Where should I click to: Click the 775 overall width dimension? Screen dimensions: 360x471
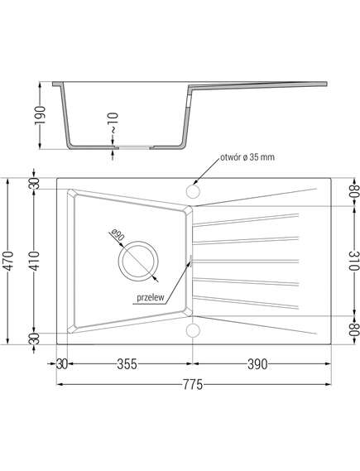point(193,385)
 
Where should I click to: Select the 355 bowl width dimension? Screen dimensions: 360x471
point(127,364)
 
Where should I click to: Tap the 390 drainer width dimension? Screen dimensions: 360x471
point(257,364)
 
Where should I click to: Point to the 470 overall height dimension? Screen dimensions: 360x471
point(9,261)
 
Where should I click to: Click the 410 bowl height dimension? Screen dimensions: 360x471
point(35,261)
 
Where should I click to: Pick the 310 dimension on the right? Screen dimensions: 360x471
point(354,261)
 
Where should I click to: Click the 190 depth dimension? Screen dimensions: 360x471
point(41,115)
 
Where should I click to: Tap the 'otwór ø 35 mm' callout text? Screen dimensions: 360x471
point(247,157)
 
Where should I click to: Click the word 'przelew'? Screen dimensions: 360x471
point(151,298)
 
